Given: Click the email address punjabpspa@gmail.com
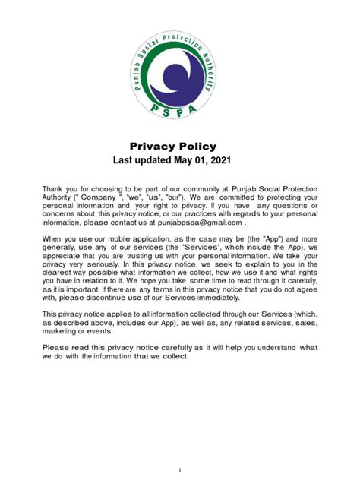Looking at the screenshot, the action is click(193, 223).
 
